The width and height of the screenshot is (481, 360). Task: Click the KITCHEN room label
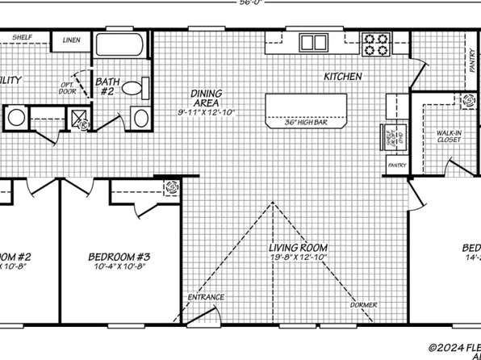tap(342, 77)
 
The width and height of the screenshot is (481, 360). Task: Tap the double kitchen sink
tap(313, 42)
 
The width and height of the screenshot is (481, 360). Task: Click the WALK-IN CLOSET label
tap(449, 135)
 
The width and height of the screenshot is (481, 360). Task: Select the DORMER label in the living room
tap(363, 304)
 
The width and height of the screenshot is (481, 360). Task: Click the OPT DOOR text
tap(69, 88)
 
